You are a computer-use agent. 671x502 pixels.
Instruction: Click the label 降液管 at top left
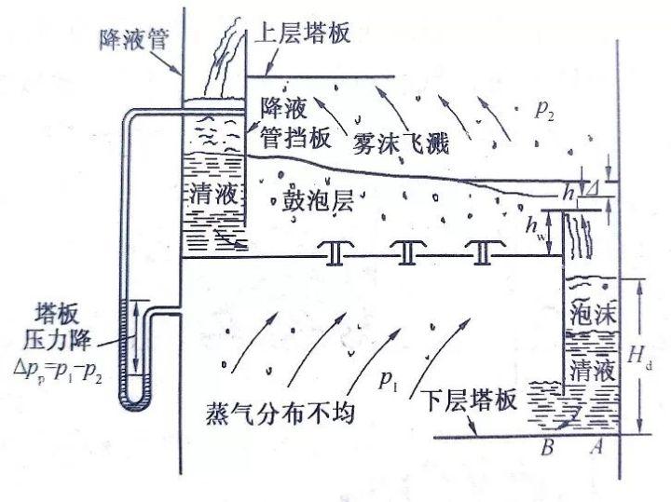pyautogui.click(x=132, y=40)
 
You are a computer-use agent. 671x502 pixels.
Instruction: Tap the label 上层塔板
pyautogui.click(x=301, y=34)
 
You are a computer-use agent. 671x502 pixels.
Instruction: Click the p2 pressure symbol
pyautogui.click(x=545, y=110)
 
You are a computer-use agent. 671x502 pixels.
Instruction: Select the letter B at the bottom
pyautogui.click(x=548, y=447)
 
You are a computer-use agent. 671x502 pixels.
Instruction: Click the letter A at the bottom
pyautogui.click(x=597, y=447)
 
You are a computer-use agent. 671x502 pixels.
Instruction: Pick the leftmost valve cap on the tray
pyautogui.click(x=331, y=253)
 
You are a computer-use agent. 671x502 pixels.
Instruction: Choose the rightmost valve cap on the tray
pyautogui.click(x=482, y=252)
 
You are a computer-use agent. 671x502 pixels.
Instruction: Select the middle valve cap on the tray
pyautogui.click(x=406, y=252)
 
